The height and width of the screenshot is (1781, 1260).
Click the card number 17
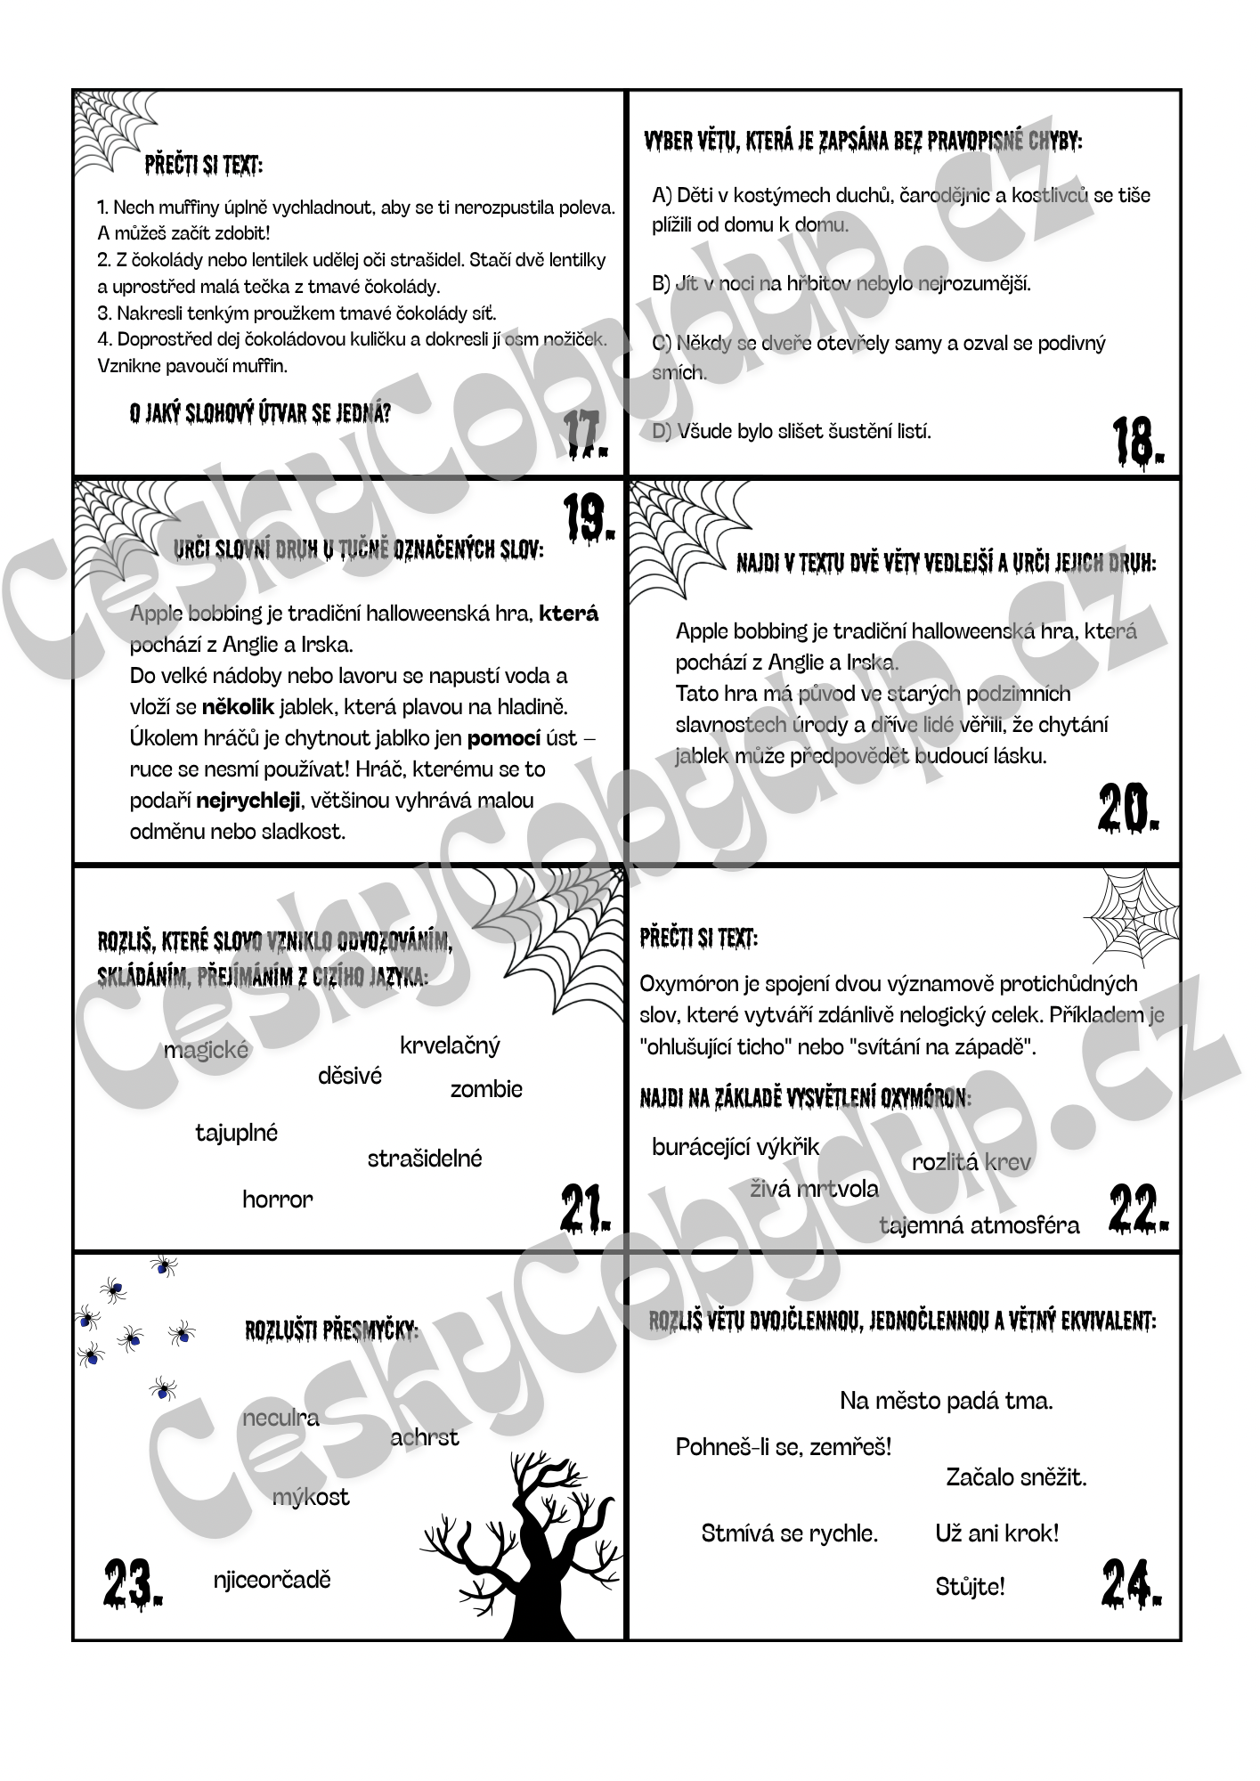point(586,435)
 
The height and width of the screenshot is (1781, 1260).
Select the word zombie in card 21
point(486,1089)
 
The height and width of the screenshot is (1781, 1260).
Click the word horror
point(278,1200)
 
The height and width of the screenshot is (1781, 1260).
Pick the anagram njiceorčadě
point(272,1580)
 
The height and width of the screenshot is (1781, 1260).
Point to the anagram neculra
point(280,1418)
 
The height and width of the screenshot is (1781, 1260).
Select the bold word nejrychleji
point(248,800)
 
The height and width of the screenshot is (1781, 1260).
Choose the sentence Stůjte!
point(970,1586)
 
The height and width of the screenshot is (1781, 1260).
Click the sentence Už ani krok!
point(997,1533)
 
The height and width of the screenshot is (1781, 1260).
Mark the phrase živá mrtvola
point(814,1189)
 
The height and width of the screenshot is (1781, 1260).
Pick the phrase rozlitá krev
point(971,1162)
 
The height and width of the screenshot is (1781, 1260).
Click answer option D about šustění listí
point(792,432)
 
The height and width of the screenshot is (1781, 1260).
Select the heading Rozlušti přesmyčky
point(331,1330)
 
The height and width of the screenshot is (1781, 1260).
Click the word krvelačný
point(450,1045)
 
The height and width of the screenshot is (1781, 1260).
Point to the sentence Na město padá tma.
point(946,1401)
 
